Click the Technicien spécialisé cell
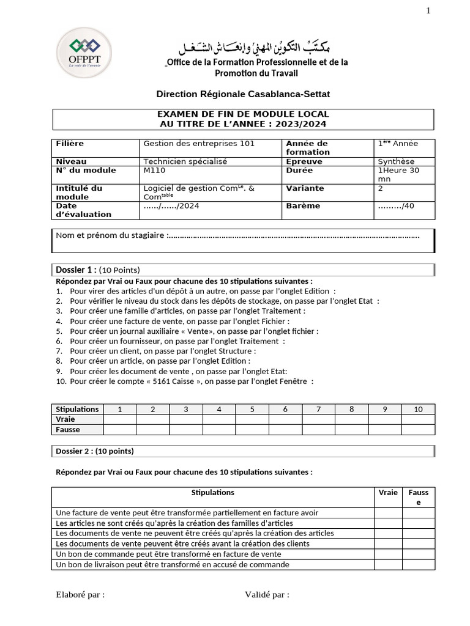185,161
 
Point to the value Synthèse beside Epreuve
395,161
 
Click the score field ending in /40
396,206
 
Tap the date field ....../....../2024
171,206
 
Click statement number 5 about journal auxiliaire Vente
193,331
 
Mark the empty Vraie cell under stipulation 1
119,419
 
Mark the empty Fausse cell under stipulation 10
418,430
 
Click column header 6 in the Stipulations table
285,409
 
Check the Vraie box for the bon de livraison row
387,565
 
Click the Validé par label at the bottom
267,594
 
